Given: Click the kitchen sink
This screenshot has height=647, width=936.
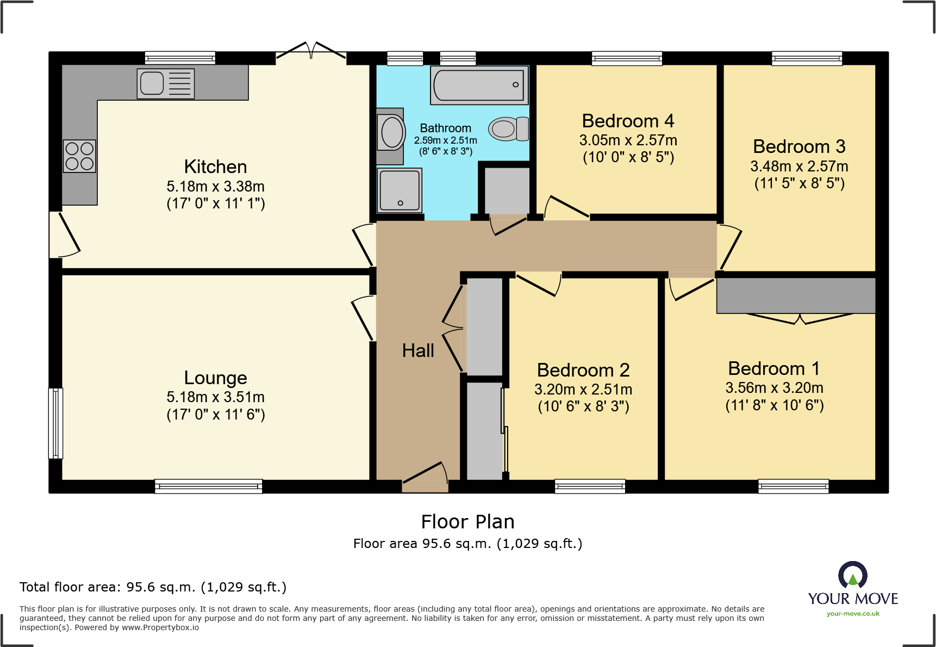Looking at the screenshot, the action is coord(166,83).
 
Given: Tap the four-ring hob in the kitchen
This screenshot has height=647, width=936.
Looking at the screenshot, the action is coord(79,156).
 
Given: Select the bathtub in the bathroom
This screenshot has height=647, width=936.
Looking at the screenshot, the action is coord(479,85).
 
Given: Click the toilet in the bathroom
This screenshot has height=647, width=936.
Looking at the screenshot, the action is coord(509,129).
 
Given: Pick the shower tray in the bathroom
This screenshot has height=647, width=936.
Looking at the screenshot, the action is coord(400,190).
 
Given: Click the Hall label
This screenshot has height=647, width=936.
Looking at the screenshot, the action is coord(418,350).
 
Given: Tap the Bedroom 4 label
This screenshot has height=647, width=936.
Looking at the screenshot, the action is coord(628,120).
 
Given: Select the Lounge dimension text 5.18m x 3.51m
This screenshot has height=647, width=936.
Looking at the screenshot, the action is coord(216,397).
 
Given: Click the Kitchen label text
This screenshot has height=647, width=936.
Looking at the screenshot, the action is coord(216,167).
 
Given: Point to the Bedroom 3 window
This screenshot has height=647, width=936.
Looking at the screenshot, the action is coord(807,58).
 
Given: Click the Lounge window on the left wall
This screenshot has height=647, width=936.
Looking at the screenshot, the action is coord(55,423).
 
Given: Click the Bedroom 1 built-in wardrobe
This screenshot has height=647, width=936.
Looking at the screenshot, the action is coord(796,295).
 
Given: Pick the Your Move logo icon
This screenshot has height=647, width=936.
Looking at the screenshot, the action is coord(853,575).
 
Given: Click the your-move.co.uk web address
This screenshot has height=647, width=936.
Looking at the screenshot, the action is coord(853,614).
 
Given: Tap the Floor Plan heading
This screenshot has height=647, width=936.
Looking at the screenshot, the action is coord(467,522).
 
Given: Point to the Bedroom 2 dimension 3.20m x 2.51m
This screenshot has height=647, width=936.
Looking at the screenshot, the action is coord(583,390).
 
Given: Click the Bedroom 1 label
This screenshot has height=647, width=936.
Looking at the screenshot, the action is coord(774,368).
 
